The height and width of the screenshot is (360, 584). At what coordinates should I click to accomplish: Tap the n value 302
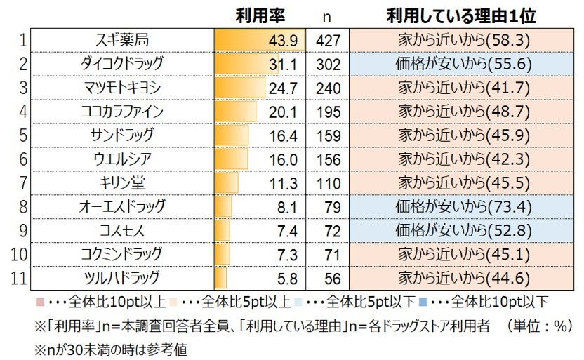click(x=328, y=65)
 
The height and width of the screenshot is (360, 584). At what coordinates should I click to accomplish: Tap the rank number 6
click(x=22, y=159)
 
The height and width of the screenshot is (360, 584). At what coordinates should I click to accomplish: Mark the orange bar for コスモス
click(x=223, y=231)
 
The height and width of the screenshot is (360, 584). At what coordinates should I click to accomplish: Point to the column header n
click(x=327, y=16)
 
